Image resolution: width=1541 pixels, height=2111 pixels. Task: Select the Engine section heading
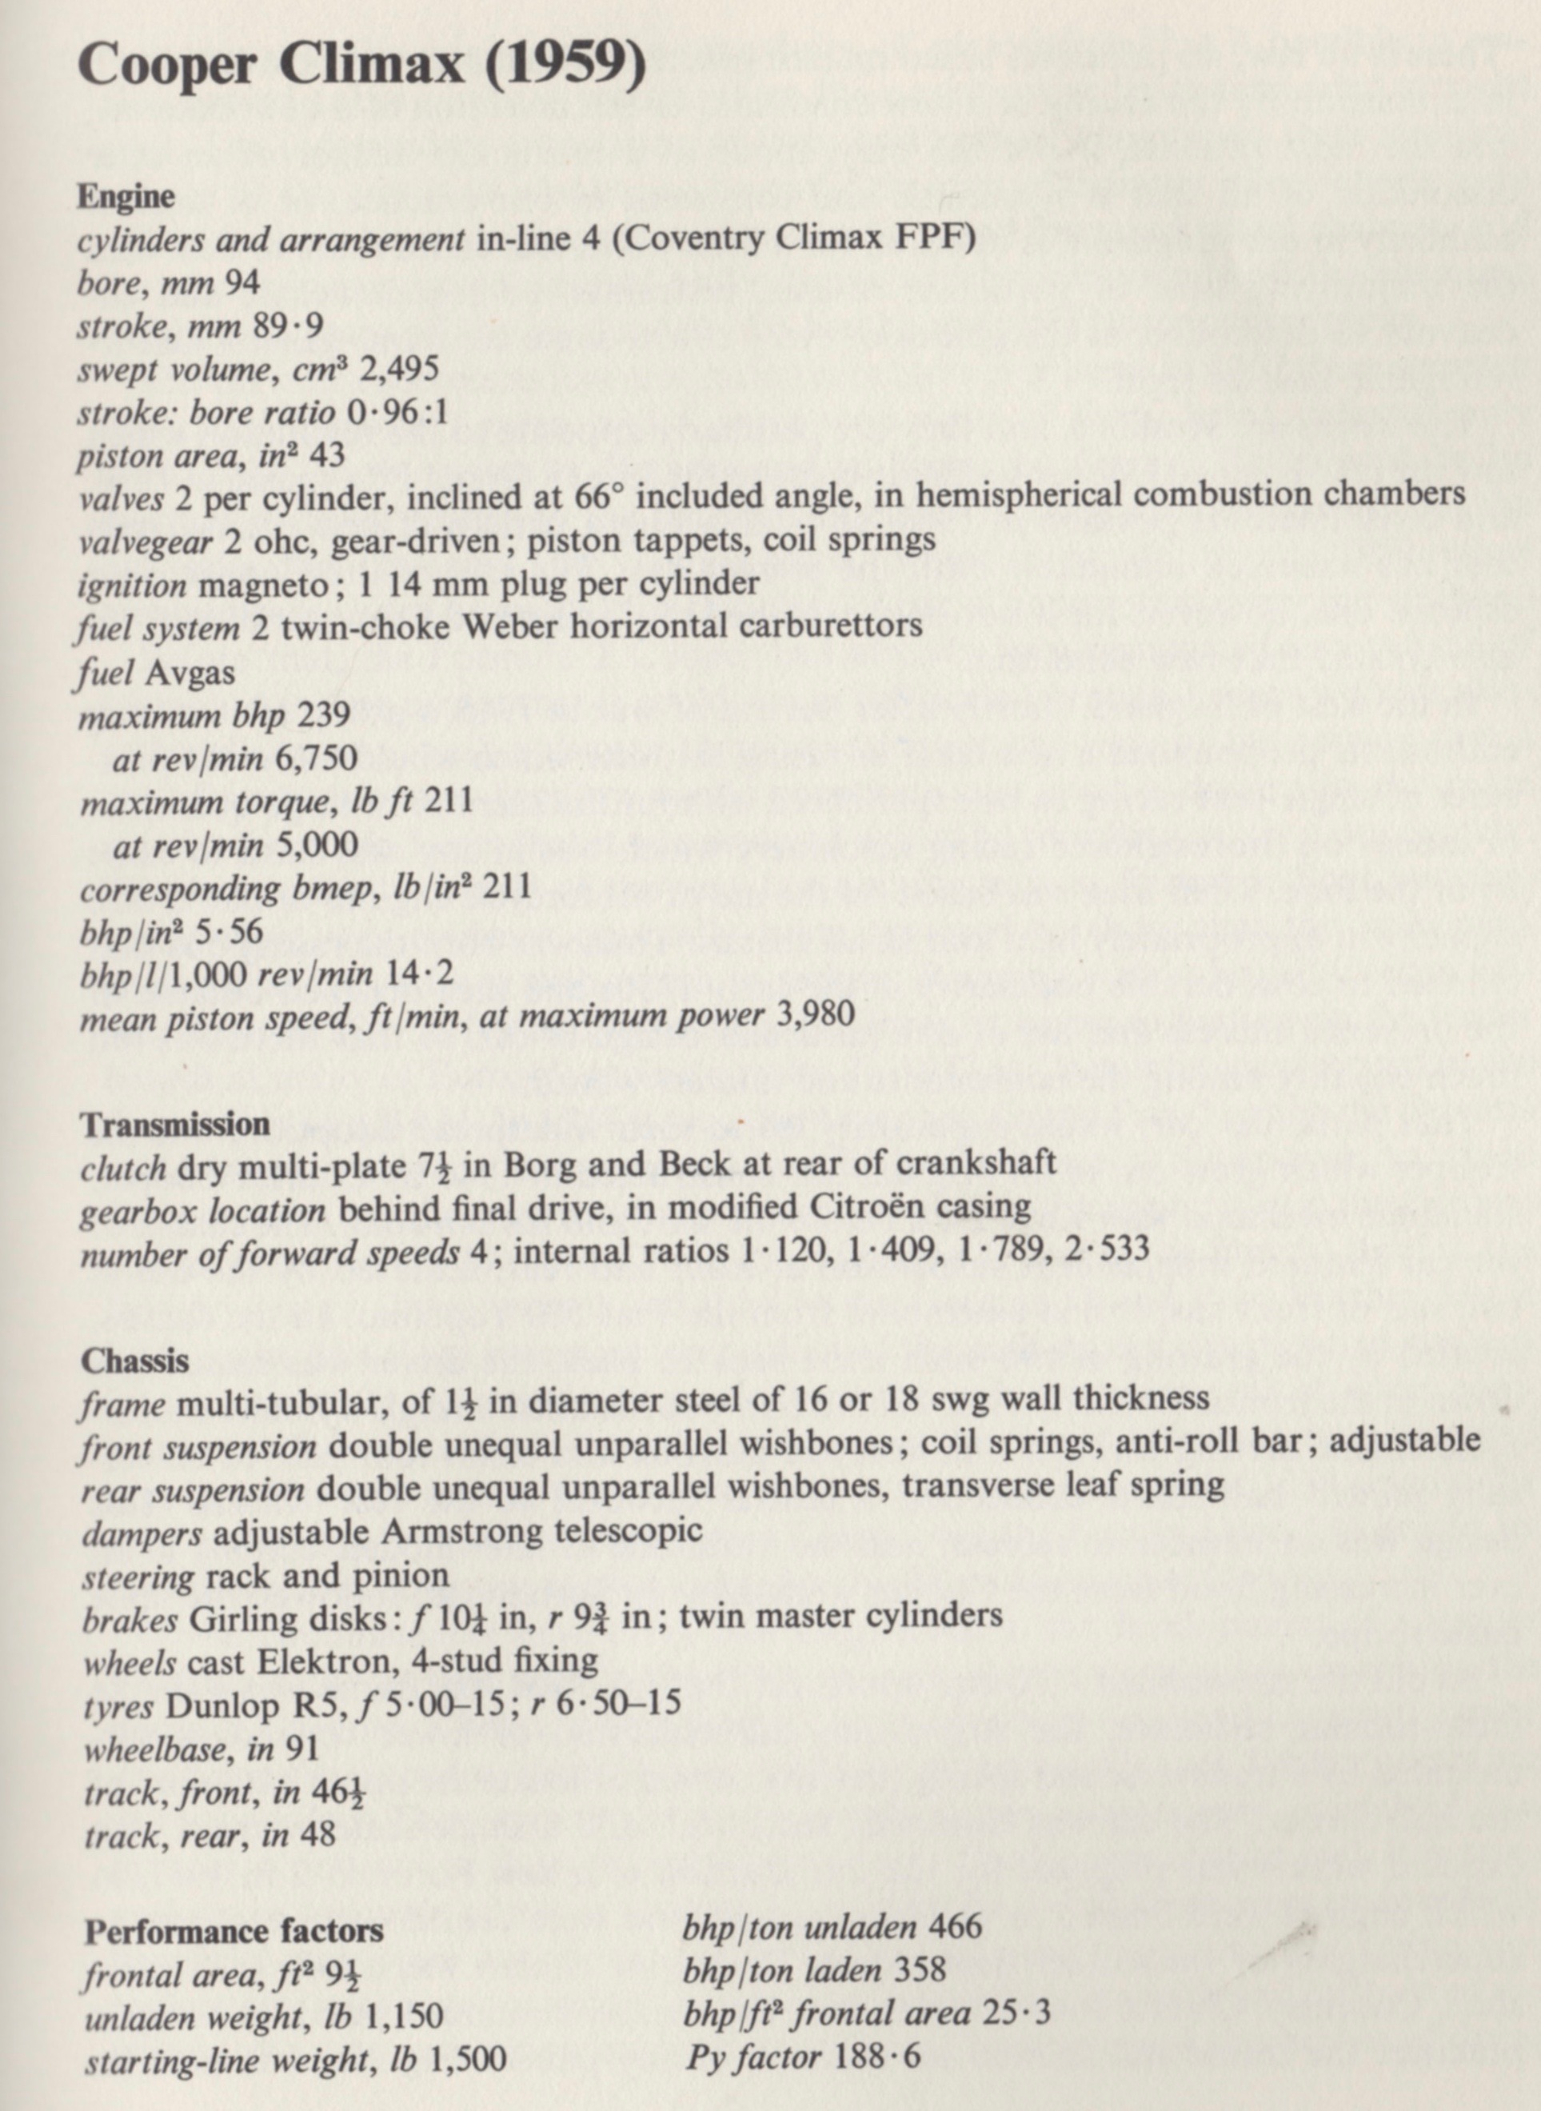click(x=126, y=198)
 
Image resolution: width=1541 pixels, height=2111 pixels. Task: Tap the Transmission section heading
click(x=175, y=1125)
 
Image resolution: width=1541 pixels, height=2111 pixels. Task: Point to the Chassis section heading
click(x=134, y=1362)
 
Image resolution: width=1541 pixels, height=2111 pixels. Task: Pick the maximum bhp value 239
click(x=321, y=715)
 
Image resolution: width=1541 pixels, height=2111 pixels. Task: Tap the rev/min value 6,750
click(x=316, y=758)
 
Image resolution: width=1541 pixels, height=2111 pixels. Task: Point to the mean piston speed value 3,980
click(x=815, y=1015)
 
